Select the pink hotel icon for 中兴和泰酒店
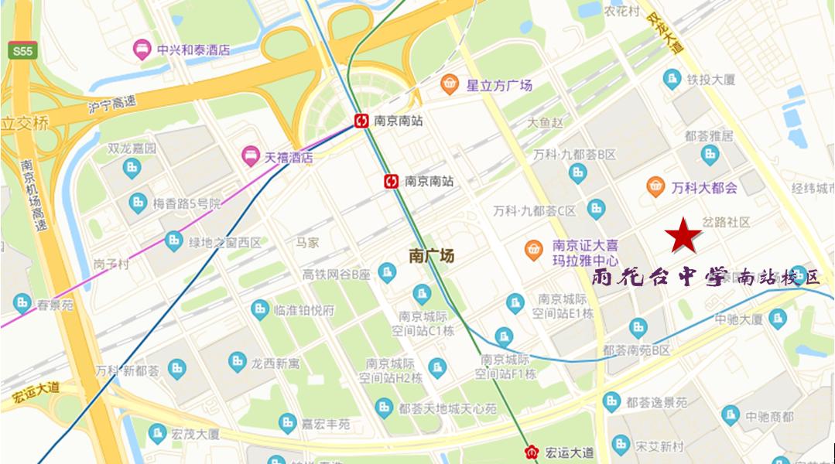(x=142, y=49)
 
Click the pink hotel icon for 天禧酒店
(x=250, y=155)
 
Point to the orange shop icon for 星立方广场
(x=450, y=84)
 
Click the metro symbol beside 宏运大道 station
(x=531, y=452)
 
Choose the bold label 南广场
(x=431, y=256)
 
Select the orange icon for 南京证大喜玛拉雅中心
(x=533, y=249)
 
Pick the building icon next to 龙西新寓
(x=235, y=362)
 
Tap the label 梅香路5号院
(x=186, y=204)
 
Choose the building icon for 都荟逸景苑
(x=611, y=402)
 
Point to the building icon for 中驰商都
(x=729, y=416)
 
